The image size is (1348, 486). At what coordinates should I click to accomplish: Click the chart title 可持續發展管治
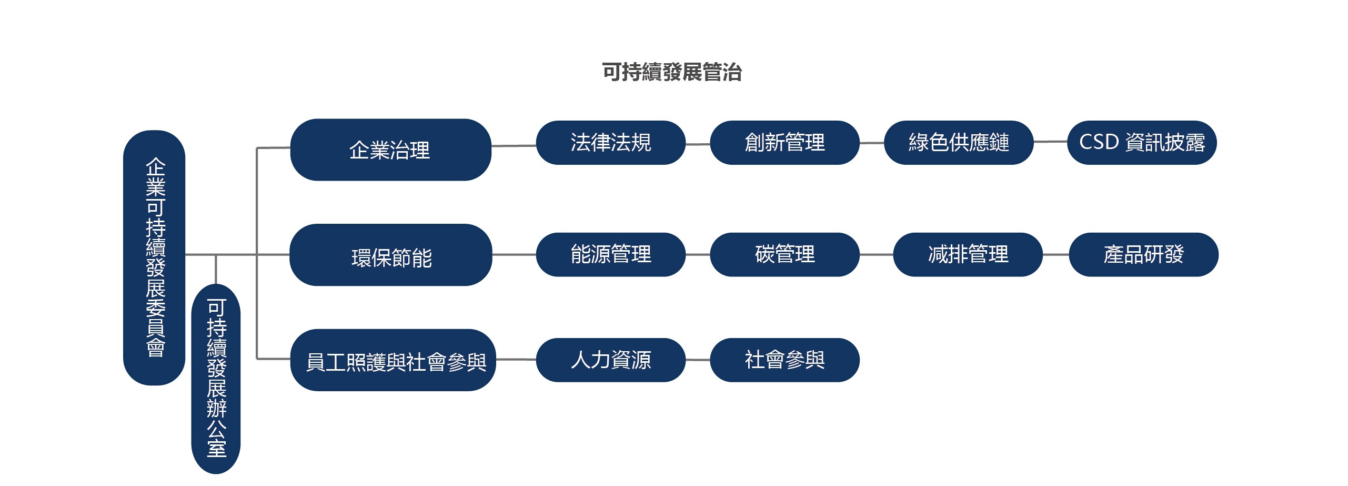[x=672, y=72]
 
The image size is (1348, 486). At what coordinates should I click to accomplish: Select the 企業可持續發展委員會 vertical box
[x=154, y=257]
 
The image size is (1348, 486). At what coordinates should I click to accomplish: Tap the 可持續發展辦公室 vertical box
[x=216, y=379]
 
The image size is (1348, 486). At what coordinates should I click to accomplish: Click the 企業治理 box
[x=390, y=150]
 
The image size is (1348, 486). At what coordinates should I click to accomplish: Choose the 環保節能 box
[x=391, y=255]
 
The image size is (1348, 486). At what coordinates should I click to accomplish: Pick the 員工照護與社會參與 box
[x=393, y=360]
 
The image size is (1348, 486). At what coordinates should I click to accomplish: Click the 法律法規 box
[x=611, y=143]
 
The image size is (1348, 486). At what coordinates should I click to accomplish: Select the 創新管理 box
[x=785, y=143]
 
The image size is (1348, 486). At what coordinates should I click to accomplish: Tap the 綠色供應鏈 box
[x=959, y=143]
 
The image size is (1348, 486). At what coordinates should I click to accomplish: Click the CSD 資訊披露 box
[x=1142, y=143]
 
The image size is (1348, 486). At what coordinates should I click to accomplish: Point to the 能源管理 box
[x=611, y=254]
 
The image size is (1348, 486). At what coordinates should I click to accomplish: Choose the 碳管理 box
[x=785, y=254]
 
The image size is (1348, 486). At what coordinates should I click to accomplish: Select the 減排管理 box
[x=968, y=254]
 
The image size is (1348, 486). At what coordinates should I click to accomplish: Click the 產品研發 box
[x=1144, y=254]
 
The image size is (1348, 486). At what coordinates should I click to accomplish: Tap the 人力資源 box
[x=611, y=360]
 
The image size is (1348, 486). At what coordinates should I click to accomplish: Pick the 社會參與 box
[x=785, y=360]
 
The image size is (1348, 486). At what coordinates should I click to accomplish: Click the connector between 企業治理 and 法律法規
[x=514, y=146]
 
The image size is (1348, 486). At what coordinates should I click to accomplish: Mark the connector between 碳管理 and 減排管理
[x=877, y=254]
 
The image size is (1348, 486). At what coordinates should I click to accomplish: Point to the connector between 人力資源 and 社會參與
[x=698, y=360]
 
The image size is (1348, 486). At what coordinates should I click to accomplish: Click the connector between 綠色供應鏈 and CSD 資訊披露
[x=1050, y=142]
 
